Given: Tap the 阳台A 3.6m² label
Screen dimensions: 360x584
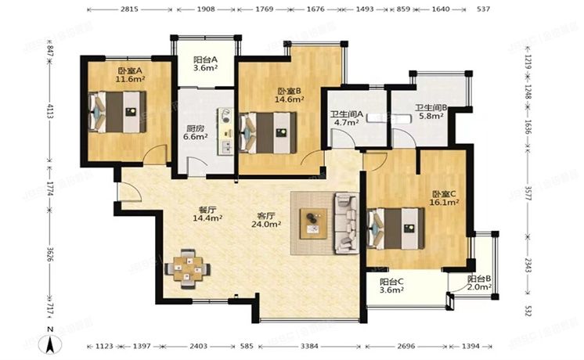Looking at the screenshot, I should (x=205, y=63).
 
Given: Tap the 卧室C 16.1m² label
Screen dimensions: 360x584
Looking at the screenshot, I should (x=443, y=197).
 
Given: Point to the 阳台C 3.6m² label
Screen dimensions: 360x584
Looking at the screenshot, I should (x=391, y=286).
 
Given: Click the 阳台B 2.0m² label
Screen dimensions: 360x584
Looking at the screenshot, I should (x=479, y=283).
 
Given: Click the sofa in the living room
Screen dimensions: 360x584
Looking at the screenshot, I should (x=345, y=223).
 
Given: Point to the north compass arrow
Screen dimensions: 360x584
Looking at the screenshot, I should (x=51, y=342).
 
